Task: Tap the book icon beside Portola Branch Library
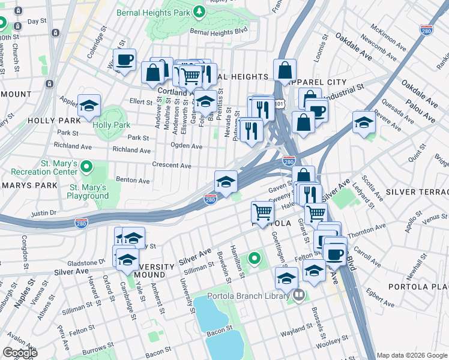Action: pyautogui.click(x=298, y=295)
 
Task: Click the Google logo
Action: pyautogui.click(x=20, y=353)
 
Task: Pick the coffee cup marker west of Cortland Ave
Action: pyautogui.click(x=125, y=60)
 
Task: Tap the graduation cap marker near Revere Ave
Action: pyautogui.click(x=364, y=122)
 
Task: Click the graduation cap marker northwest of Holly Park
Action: pyautogui.click(x=89, y=106)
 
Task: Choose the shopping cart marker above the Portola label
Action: pyautogui.click(x=262, y=211)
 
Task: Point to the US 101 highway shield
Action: pyautogui.click(x=278, y=103)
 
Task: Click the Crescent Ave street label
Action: pyautogui.click(x=171, y=166)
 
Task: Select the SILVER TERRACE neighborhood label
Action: pyautogui.click(x=417, y=192)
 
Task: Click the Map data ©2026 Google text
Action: pyautogui.click(x=412, y=355)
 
